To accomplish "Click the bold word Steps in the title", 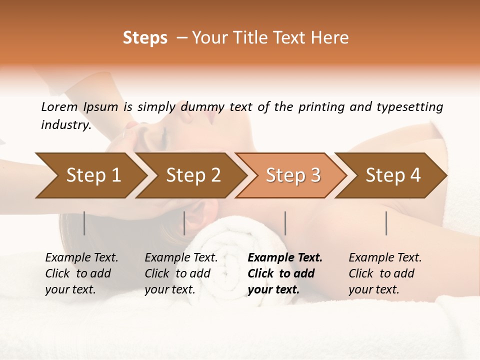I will click(x=145, y=38).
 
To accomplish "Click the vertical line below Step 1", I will click(x=84, y=223).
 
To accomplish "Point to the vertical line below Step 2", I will click(x=184, y=223).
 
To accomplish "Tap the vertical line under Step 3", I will click(x=285, y=223).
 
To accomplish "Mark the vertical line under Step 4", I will click(x=386, y=223).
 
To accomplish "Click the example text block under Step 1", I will click(x=81, y=273).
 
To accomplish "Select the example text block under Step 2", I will click(x=181, y=273).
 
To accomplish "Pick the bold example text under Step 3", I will click(x=285, y=273).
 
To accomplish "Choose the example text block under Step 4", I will click(x=385, y=273).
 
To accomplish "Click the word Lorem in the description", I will click(x=59, y=107).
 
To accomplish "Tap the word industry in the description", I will click(x=66, y=125).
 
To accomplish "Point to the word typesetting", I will click(x=409, y=107).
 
